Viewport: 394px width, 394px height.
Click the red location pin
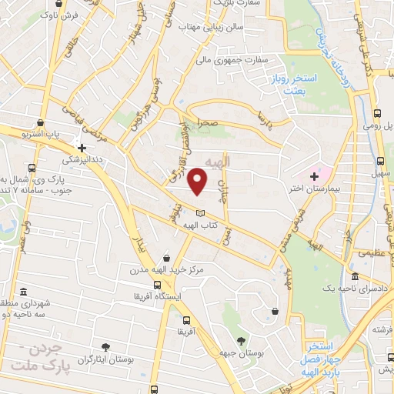coord(198,181)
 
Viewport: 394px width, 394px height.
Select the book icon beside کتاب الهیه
coord(201,212)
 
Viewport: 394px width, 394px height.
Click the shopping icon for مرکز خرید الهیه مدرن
coord(167,259)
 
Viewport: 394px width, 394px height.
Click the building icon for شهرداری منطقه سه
coord(24,292)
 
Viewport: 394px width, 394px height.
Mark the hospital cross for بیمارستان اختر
coord(313,176)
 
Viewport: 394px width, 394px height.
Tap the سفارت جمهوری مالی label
coord(230,58)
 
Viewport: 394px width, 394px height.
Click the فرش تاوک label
coord(62,15)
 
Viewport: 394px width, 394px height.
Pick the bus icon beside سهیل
coord(379,161)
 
